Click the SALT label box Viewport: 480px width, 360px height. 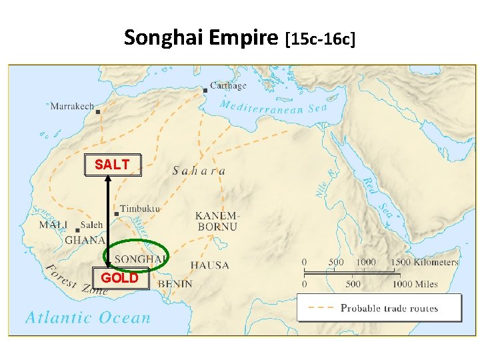pos(113,165)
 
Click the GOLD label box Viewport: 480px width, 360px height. pos(119,278)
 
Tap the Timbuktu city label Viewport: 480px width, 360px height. pos(140,209)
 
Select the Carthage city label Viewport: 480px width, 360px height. pos(228,85)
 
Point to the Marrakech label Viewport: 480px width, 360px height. pos(72,106)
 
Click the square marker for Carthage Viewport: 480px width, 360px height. pos(205,91)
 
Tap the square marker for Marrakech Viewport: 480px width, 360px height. pos(98,112)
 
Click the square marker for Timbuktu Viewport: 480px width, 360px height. pos(117,214)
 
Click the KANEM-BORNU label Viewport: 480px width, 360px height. pos(216,221)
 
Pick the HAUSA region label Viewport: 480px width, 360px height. pos(210,265)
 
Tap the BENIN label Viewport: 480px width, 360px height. pos(175,284)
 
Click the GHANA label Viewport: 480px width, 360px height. pos(85,240)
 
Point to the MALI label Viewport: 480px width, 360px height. pos(53,225)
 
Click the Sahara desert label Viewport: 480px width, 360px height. pos(199,171)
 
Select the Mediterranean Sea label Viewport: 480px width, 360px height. pos(273,109)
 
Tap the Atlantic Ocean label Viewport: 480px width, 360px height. pos(88,318)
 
